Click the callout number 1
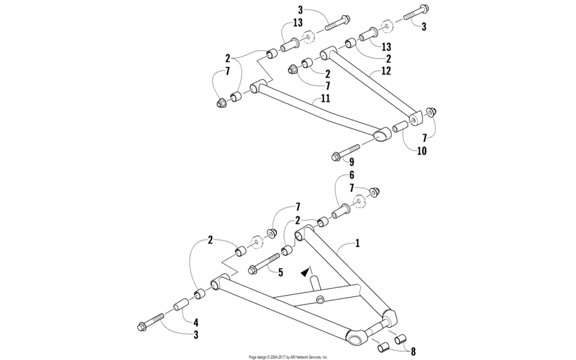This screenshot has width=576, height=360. tap(357, 243)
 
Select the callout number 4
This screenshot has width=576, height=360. tap(196, 323)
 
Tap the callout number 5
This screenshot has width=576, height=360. tap(281, 273)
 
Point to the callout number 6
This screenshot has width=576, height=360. tap(351, 175)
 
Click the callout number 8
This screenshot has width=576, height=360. tap(413, 352)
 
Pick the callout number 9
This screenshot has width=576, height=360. tap(352, 161)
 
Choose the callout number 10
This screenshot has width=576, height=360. tap(422, 151)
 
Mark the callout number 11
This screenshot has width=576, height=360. tap(325, 98)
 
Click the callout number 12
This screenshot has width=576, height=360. tap(386, 71)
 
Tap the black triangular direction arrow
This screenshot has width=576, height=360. tap(304, 272)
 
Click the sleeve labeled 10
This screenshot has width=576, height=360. tap(401, 126)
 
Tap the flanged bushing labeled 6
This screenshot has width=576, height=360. tap(341, 210)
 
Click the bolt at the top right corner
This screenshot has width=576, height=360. tap(417, 12)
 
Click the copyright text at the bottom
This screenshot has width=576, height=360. tap(287, 357)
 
